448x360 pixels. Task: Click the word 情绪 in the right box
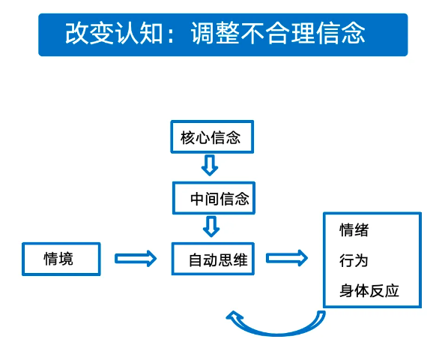[x=354, y=230]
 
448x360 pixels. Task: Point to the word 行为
[x=354, y=260]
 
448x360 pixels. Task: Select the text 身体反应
[x=369, y=291]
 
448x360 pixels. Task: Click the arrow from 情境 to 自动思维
[x=136, y=259]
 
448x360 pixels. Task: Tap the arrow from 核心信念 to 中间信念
[x=210, y=165]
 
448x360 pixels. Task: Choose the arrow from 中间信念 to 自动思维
[x=211, y=226]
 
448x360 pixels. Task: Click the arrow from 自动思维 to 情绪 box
[x=287, y=258]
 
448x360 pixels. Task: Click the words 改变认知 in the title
[x=114, y=34]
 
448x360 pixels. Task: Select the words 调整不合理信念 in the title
[x=278, y=34]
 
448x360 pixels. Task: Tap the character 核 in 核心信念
[x=188, y=138]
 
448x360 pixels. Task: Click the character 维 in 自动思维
[x=240, y=260]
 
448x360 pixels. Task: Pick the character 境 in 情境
[x=66, y=259]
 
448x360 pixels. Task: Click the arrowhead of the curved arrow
[x=234, y=316]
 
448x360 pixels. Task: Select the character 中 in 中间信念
[x=198, y=199]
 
